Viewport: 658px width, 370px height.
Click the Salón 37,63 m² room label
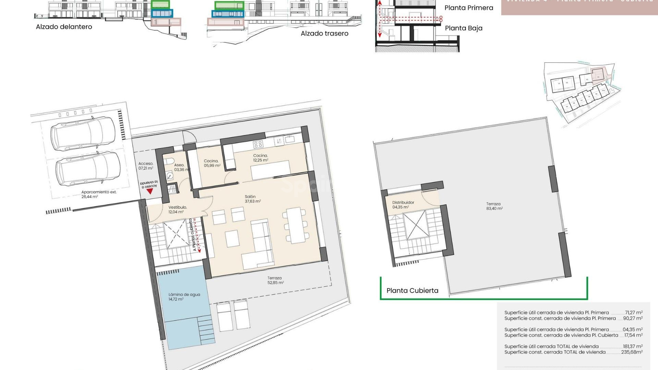click(x=253, y=199)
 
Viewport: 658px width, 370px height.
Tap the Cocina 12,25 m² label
click(x=260, y=158)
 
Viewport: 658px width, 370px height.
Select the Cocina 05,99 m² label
click(x=212, y=163)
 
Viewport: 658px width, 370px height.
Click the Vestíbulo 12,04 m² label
click(x=177, y=210)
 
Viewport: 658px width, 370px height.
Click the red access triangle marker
click(x=150, y=191)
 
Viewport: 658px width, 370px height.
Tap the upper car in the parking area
click(x=84, y=134)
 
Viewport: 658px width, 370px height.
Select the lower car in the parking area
click(x=88, y=169)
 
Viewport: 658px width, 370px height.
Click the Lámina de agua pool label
click(x=184, y=297)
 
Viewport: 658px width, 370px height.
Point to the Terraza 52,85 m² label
click(x=275, y=280)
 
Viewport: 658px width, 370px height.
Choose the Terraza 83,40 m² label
click(x=494, y=206)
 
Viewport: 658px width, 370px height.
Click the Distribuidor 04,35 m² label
click(x=403, y=205)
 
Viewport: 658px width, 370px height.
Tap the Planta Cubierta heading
click(x=412, y=291)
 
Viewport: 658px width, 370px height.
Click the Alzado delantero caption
click(x=64, y=27)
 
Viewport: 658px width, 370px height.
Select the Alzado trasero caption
click(x=324, y=33)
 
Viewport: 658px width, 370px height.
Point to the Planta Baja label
click(x=463, y=28)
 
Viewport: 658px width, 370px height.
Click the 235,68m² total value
click(x=632, y=352)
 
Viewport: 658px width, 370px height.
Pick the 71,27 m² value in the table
click(x=633, y=312)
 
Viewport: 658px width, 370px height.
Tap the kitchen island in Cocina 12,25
click(x=270, y=170)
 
